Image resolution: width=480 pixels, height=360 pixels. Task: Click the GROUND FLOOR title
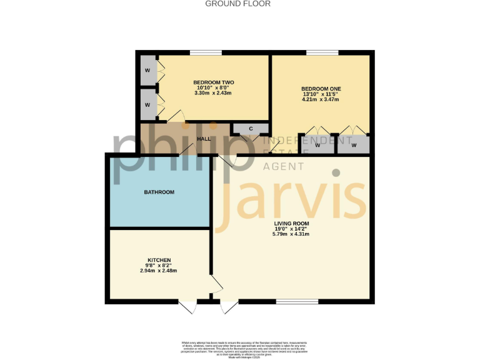tap(238, 4)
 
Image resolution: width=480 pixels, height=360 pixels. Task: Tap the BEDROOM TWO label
tap(213, 82)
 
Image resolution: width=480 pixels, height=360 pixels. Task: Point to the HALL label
tap(204, 139)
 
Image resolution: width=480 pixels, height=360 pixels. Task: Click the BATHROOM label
tap(159, 192)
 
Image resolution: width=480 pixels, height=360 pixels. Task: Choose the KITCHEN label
tap(159, 260)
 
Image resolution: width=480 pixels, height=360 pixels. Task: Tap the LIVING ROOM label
tap(291, 223)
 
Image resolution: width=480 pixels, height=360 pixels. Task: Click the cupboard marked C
tap(251, 129)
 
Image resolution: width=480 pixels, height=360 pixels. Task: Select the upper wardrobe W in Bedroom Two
tap(147, 70)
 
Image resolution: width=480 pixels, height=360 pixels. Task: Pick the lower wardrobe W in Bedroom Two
tap(147, 104)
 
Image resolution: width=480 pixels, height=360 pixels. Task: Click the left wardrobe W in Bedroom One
tap(317, 145)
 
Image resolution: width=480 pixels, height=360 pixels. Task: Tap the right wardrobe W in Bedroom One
tap(354, 145)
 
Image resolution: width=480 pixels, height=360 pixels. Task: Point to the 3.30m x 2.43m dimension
tap(213, 93)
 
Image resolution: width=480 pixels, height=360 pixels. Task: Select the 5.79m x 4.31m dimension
tap(291, 234)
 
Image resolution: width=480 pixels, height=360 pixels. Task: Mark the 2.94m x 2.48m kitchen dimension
tap(159, 271)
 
